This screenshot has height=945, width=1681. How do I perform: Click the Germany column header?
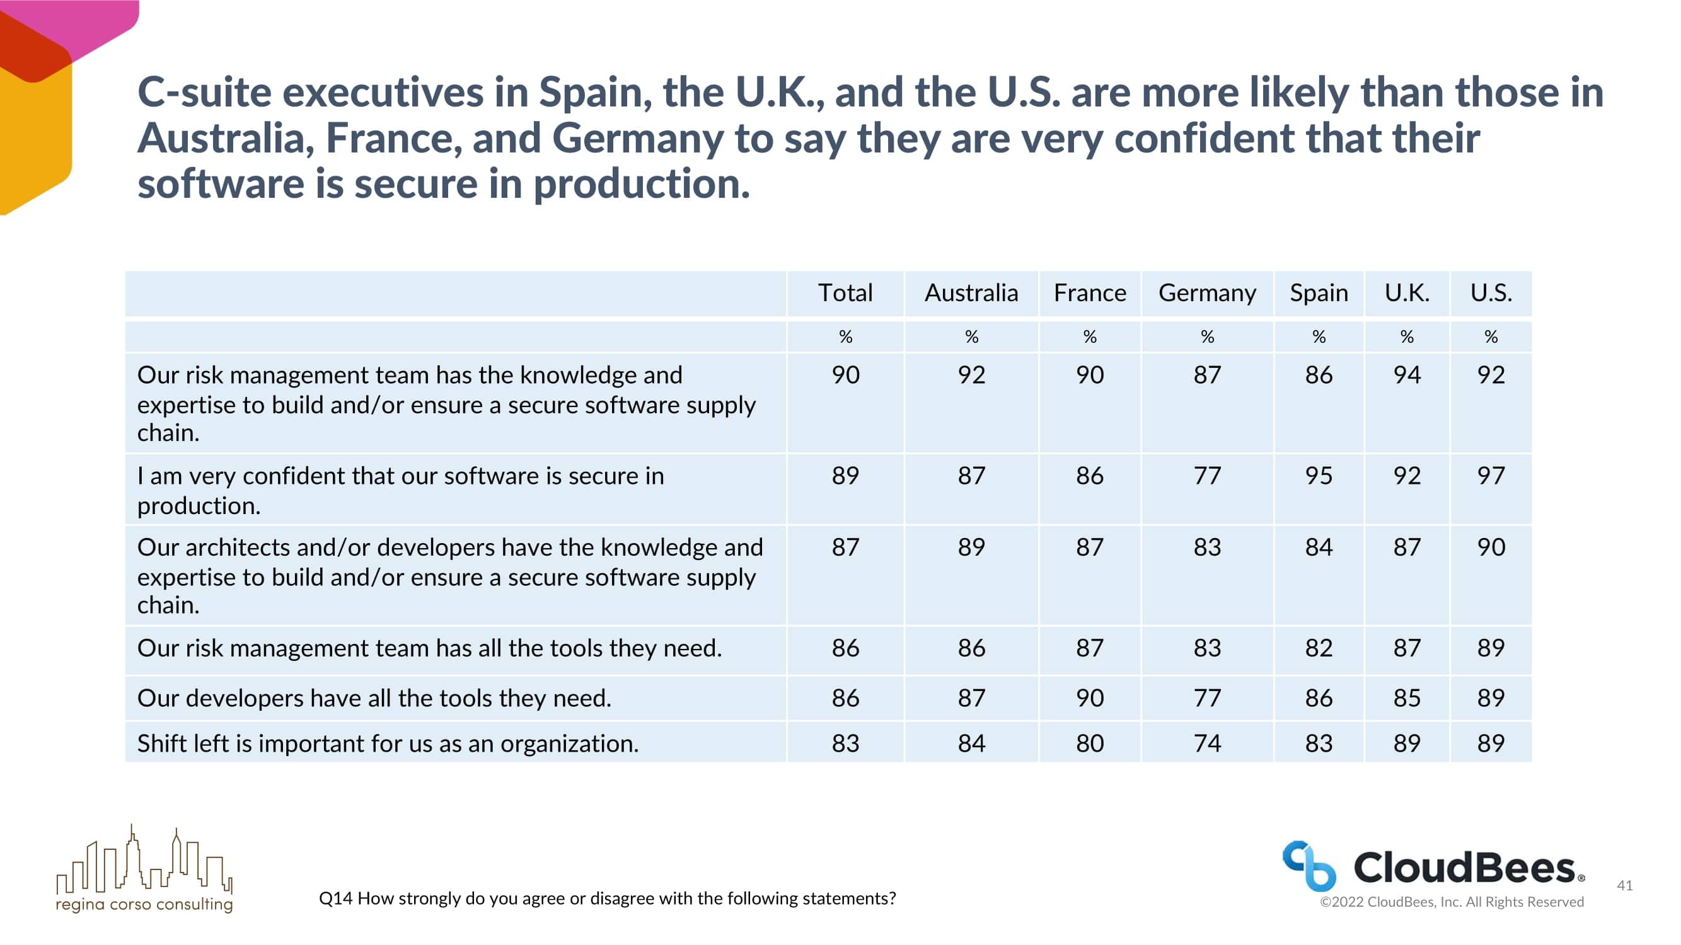1206,293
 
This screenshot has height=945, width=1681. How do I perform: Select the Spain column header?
1318,293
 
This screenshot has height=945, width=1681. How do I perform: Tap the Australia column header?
971,293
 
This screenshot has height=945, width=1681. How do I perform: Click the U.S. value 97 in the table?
1491,476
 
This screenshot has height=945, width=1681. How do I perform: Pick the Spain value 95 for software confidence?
1318,476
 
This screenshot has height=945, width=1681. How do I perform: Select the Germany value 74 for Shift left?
1206,743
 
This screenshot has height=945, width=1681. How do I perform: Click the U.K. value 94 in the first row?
1406,375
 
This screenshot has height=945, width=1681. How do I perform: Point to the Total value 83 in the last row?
845,743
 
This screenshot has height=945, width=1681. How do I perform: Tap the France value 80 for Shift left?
1089,743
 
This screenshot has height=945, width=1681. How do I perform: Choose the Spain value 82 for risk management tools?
1318,648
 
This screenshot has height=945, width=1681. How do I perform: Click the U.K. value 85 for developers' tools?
1406,698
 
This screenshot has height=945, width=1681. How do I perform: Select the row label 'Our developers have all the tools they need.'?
374,698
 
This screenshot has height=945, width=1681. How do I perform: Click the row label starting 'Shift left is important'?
388,743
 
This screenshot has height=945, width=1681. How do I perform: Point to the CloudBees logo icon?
1308,866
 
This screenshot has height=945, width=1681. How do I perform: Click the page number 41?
1624,885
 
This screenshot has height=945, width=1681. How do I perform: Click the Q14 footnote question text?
607,898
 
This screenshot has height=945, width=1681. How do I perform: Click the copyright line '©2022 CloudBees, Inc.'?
1452,902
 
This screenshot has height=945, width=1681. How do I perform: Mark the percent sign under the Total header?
845,336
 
